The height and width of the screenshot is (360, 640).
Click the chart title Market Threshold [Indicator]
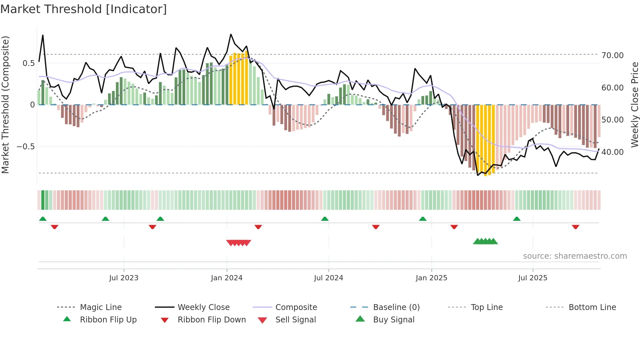coord(84,9)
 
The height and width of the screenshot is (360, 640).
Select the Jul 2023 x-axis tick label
coord(124,278)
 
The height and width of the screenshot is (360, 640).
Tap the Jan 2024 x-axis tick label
coord(227,278)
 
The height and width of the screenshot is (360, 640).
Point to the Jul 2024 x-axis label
coord(328,278)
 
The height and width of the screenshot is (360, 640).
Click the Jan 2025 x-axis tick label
coord(431,278)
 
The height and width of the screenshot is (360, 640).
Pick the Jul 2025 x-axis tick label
coord(533,278)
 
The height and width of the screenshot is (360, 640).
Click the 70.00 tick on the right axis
coord(612,56)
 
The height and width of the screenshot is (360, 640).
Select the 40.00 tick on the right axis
coord(612,152)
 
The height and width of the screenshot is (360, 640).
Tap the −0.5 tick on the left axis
coord(25,147)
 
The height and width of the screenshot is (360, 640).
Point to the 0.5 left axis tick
coord(28,63)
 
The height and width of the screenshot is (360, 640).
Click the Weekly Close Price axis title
coord(634,105)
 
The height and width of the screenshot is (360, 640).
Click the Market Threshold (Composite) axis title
coord(6,105)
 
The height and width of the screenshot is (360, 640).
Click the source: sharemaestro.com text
coord(575,256)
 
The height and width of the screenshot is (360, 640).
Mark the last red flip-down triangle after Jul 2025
coord(575,227)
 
